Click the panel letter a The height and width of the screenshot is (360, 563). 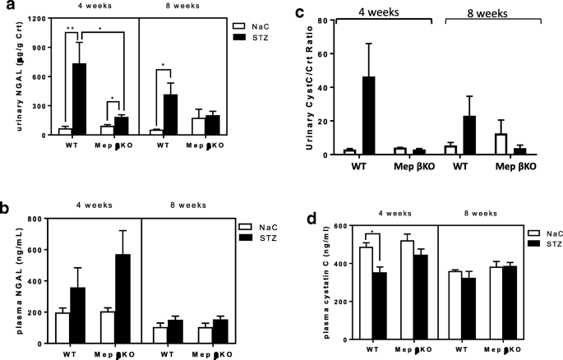pos(7,8)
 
